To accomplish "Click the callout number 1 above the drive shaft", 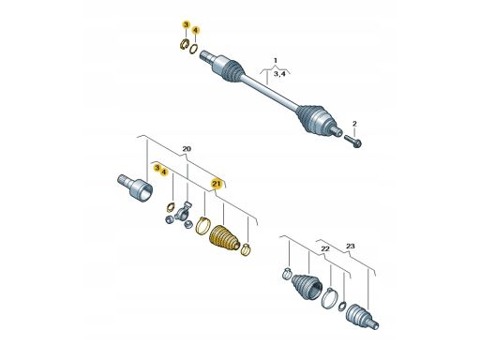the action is (276, 60).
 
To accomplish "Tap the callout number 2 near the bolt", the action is (354, 124).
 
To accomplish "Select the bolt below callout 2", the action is (352, 141).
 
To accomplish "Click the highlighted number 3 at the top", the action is (186, 24).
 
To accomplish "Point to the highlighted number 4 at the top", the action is (196, 30).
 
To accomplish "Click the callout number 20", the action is (187, 149).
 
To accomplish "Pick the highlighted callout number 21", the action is (217, 184).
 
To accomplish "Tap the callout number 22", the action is (325, 248).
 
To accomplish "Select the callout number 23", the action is (351, 247).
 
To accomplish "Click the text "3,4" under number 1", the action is (279, 74).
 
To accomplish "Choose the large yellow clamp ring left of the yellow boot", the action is (202, 225).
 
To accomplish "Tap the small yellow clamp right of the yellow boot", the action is (247, 248).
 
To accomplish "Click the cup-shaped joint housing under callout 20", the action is (136, 187).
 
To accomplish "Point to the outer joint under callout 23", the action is (363, 316).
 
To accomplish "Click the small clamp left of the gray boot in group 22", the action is (287, 274).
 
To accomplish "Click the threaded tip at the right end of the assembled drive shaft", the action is (337, 130).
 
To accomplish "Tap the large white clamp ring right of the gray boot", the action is (329, 299).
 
